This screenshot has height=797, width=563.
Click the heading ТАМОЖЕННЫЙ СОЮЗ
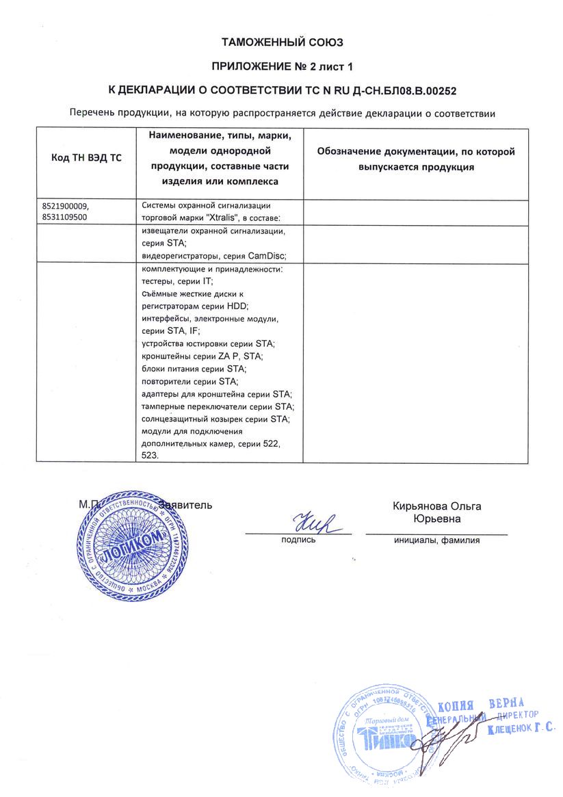[x=282, y=43]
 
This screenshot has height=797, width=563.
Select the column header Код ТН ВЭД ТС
[x=86, y=158]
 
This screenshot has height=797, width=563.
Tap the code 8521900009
[x=66, y=205]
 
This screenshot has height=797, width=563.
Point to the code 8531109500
[x=66, y=217]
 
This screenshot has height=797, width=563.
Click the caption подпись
[x=298, y=540]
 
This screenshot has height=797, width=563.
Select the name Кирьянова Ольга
[x=436, y=506]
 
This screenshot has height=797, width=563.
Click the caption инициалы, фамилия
[x=436, y=540]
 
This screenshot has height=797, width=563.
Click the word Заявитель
[x=186, y=505]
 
